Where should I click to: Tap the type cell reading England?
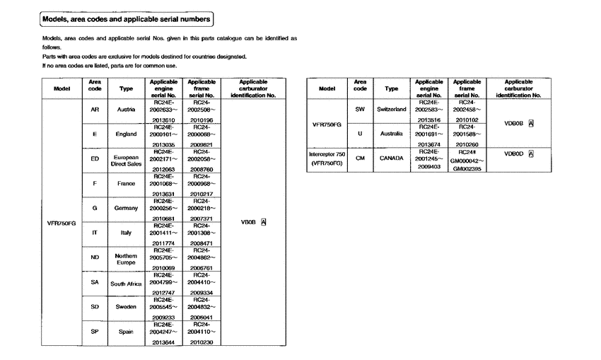[125, 134]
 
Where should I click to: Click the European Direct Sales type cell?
[125, 161]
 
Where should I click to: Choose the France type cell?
[125, 183]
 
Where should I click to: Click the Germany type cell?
[125, 208]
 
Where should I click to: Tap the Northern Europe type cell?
[125, 259]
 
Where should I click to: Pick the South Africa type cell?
[125, 284]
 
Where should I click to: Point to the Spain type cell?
[125, 332]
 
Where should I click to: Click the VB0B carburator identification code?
[248, 221]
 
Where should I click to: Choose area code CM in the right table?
[360, 158]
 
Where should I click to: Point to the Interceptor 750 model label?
[327, 153]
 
